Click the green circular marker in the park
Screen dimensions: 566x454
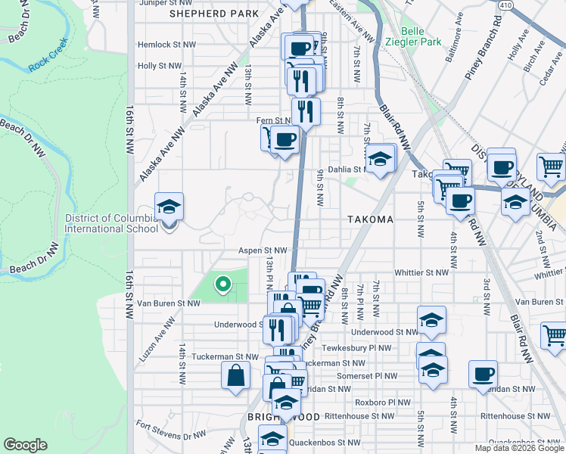tap(222, 285)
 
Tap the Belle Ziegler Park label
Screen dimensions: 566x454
tap(412, 36)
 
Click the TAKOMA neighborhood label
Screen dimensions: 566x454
tap(370, 219)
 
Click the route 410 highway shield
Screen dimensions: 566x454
tap(505, 5)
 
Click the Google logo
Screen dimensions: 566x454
tap(25, 445)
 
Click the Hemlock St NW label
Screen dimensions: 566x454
tap(166, 45)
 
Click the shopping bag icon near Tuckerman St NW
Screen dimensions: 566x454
tap(235, 374)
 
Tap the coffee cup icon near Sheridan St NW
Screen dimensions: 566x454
tap(483, 374)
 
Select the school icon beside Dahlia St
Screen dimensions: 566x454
tap(380, 159)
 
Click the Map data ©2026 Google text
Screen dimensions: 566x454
tap(518, 448)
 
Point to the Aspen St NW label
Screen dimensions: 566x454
tap(263, 250)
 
